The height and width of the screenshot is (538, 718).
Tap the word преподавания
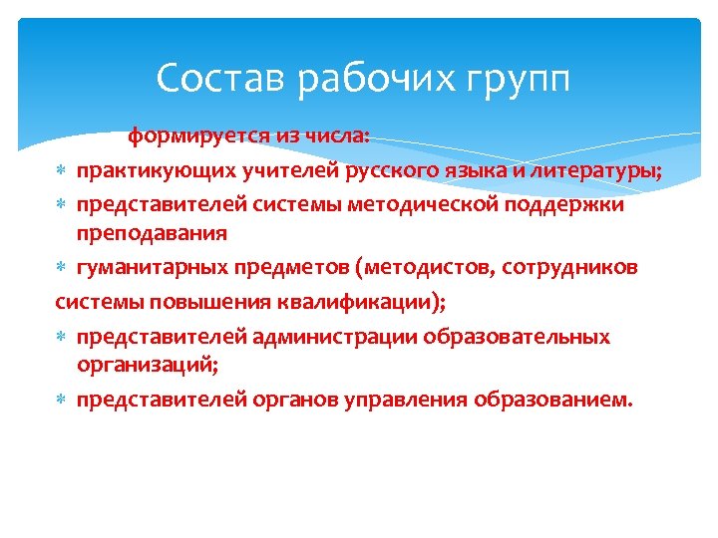pos(153,234)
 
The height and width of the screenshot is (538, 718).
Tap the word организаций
pos(145,366)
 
